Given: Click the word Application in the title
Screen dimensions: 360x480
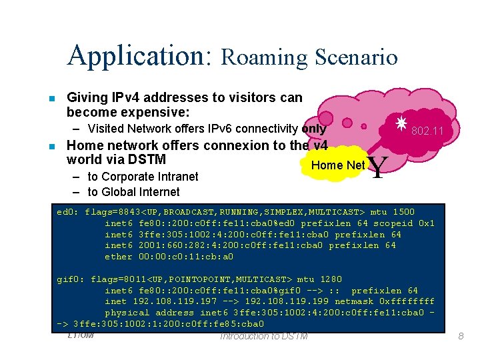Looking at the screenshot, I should pos(139,55).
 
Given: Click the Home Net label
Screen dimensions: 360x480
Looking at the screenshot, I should pos(338,165).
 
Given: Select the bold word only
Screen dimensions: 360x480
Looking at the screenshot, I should pos(313,129).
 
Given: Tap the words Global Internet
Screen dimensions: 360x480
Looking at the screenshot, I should pos(141,192).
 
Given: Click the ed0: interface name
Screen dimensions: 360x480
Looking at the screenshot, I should pos(68,212).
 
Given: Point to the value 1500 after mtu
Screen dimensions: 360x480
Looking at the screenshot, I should pos(403,212).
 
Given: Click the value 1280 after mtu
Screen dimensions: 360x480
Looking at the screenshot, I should pos(330,279).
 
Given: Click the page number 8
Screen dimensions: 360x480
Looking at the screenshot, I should pos(460,337).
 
